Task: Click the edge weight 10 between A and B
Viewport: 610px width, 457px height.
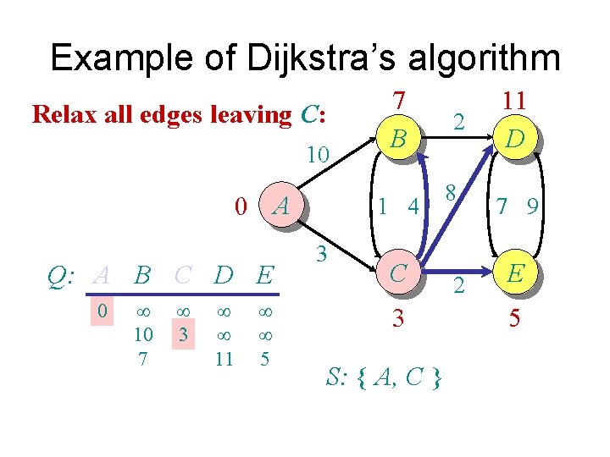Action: [318, 155]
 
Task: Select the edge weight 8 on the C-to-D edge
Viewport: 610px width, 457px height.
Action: [452, 192]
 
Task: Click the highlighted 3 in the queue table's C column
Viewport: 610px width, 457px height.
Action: [180, 336]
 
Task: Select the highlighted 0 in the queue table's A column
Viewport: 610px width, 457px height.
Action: [102, 311]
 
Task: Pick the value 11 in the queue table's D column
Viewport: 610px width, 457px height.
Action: [224, 359]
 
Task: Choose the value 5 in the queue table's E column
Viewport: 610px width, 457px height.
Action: [264, 359]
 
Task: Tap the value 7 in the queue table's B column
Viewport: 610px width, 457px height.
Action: [142, 359]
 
